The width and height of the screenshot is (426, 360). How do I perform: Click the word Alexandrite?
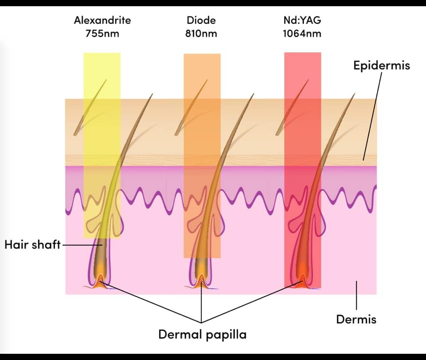click(103, 20)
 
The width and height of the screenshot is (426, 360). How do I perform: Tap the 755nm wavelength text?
click(103, 33)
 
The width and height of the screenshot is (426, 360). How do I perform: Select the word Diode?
click(201, 20)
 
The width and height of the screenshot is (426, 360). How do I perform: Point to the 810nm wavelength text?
click(201, 33)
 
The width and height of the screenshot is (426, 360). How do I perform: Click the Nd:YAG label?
click(301, 20)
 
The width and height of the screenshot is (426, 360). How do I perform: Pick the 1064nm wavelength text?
click(302, 33)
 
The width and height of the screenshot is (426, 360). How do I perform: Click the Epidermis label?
click(381, 66)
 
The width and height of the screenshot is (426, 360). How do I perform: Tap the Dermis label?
click(356, 319)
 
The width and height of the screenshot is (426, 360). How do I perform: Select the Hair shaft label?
click(32, 245)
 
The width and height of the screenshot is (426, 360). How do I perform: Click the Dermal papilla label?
click(202, 334)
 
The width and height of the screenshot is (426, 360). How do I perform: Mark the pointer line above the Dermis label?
click(356, 295)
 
